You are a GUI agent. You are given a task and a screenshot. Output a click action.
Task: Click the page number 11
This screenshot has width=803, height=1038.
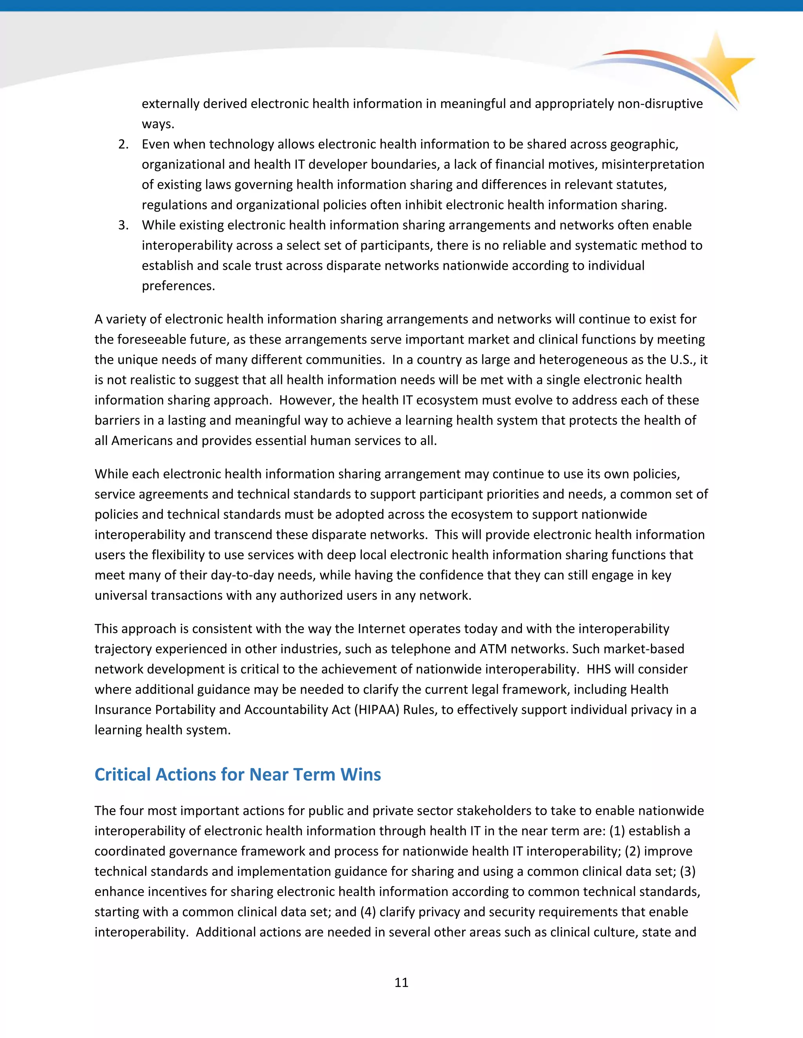(401, 982)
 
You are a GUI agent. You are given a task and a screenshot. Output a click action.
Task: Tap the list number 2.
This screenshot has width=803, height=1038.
(123, 144)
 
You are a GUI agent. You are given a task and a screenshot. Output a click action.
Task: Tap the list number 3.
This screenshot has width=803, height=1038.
(123, 225)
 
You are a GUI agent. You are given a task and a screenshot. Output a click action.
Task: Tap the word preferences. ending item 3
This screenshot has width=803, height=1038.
(178, 286)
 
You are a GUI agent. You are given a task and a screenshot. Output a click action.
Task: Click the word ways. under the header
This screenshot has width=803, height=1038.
(158, 124)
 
